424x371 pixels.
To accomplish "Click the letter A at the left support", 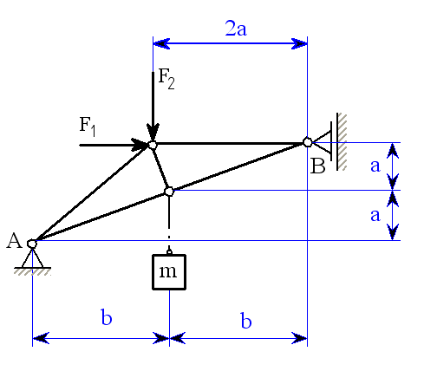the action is [14, 240].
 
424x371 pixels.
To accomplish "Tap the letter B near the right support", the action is [317, 166].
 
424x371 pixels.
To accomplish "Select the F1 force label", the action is [88, 127].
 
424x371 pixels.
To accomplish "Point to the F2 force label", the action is [166, 80].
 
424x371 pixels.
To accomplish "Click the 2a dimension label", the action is [236, 29].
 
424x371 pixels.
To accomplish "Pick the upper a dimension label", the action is [375, 166].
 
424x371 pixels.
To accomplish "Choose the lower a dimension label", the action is [375, 215].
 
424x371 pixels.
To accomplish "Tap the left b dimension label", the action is [107, 317].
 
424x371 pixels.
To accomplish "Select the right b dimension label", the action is [246, 320].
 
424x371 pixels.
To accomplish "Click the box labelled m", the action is [169, 272].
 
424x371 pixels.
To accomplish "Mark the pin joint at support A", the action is [32, 244].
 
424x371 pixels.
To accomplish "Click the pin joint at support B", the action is [308, 142].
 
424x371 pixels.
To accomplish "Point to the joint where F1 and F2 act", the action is [153, 145].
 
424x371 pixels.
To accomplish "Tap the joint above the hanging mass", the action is [169, 192].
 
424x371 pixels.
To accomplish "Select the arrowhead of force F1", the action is [140, 145].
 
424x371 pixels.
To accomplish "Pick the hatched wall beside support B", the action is [342, 141].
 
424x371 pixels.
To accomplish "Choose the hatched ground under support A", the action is [32, 272].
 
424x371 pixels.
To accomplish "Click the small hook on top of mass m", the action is [169, 252].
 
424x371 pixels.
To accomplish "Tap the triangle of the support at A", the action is [32, 258].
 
